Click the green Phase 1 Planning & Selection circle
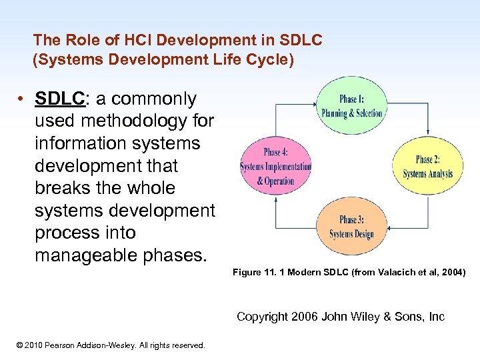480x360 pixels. pos(351,106)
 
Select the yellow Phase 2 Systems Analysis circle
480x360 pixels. pos(427,167)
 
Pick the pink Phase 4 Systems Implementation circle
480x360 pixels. pos(276,167)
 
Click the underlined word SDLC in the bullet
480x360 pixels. pos(61,99)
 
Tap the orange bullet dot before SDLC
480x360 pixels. pos(22,99)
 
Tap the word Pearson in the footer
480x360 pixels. pos(71,345)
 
